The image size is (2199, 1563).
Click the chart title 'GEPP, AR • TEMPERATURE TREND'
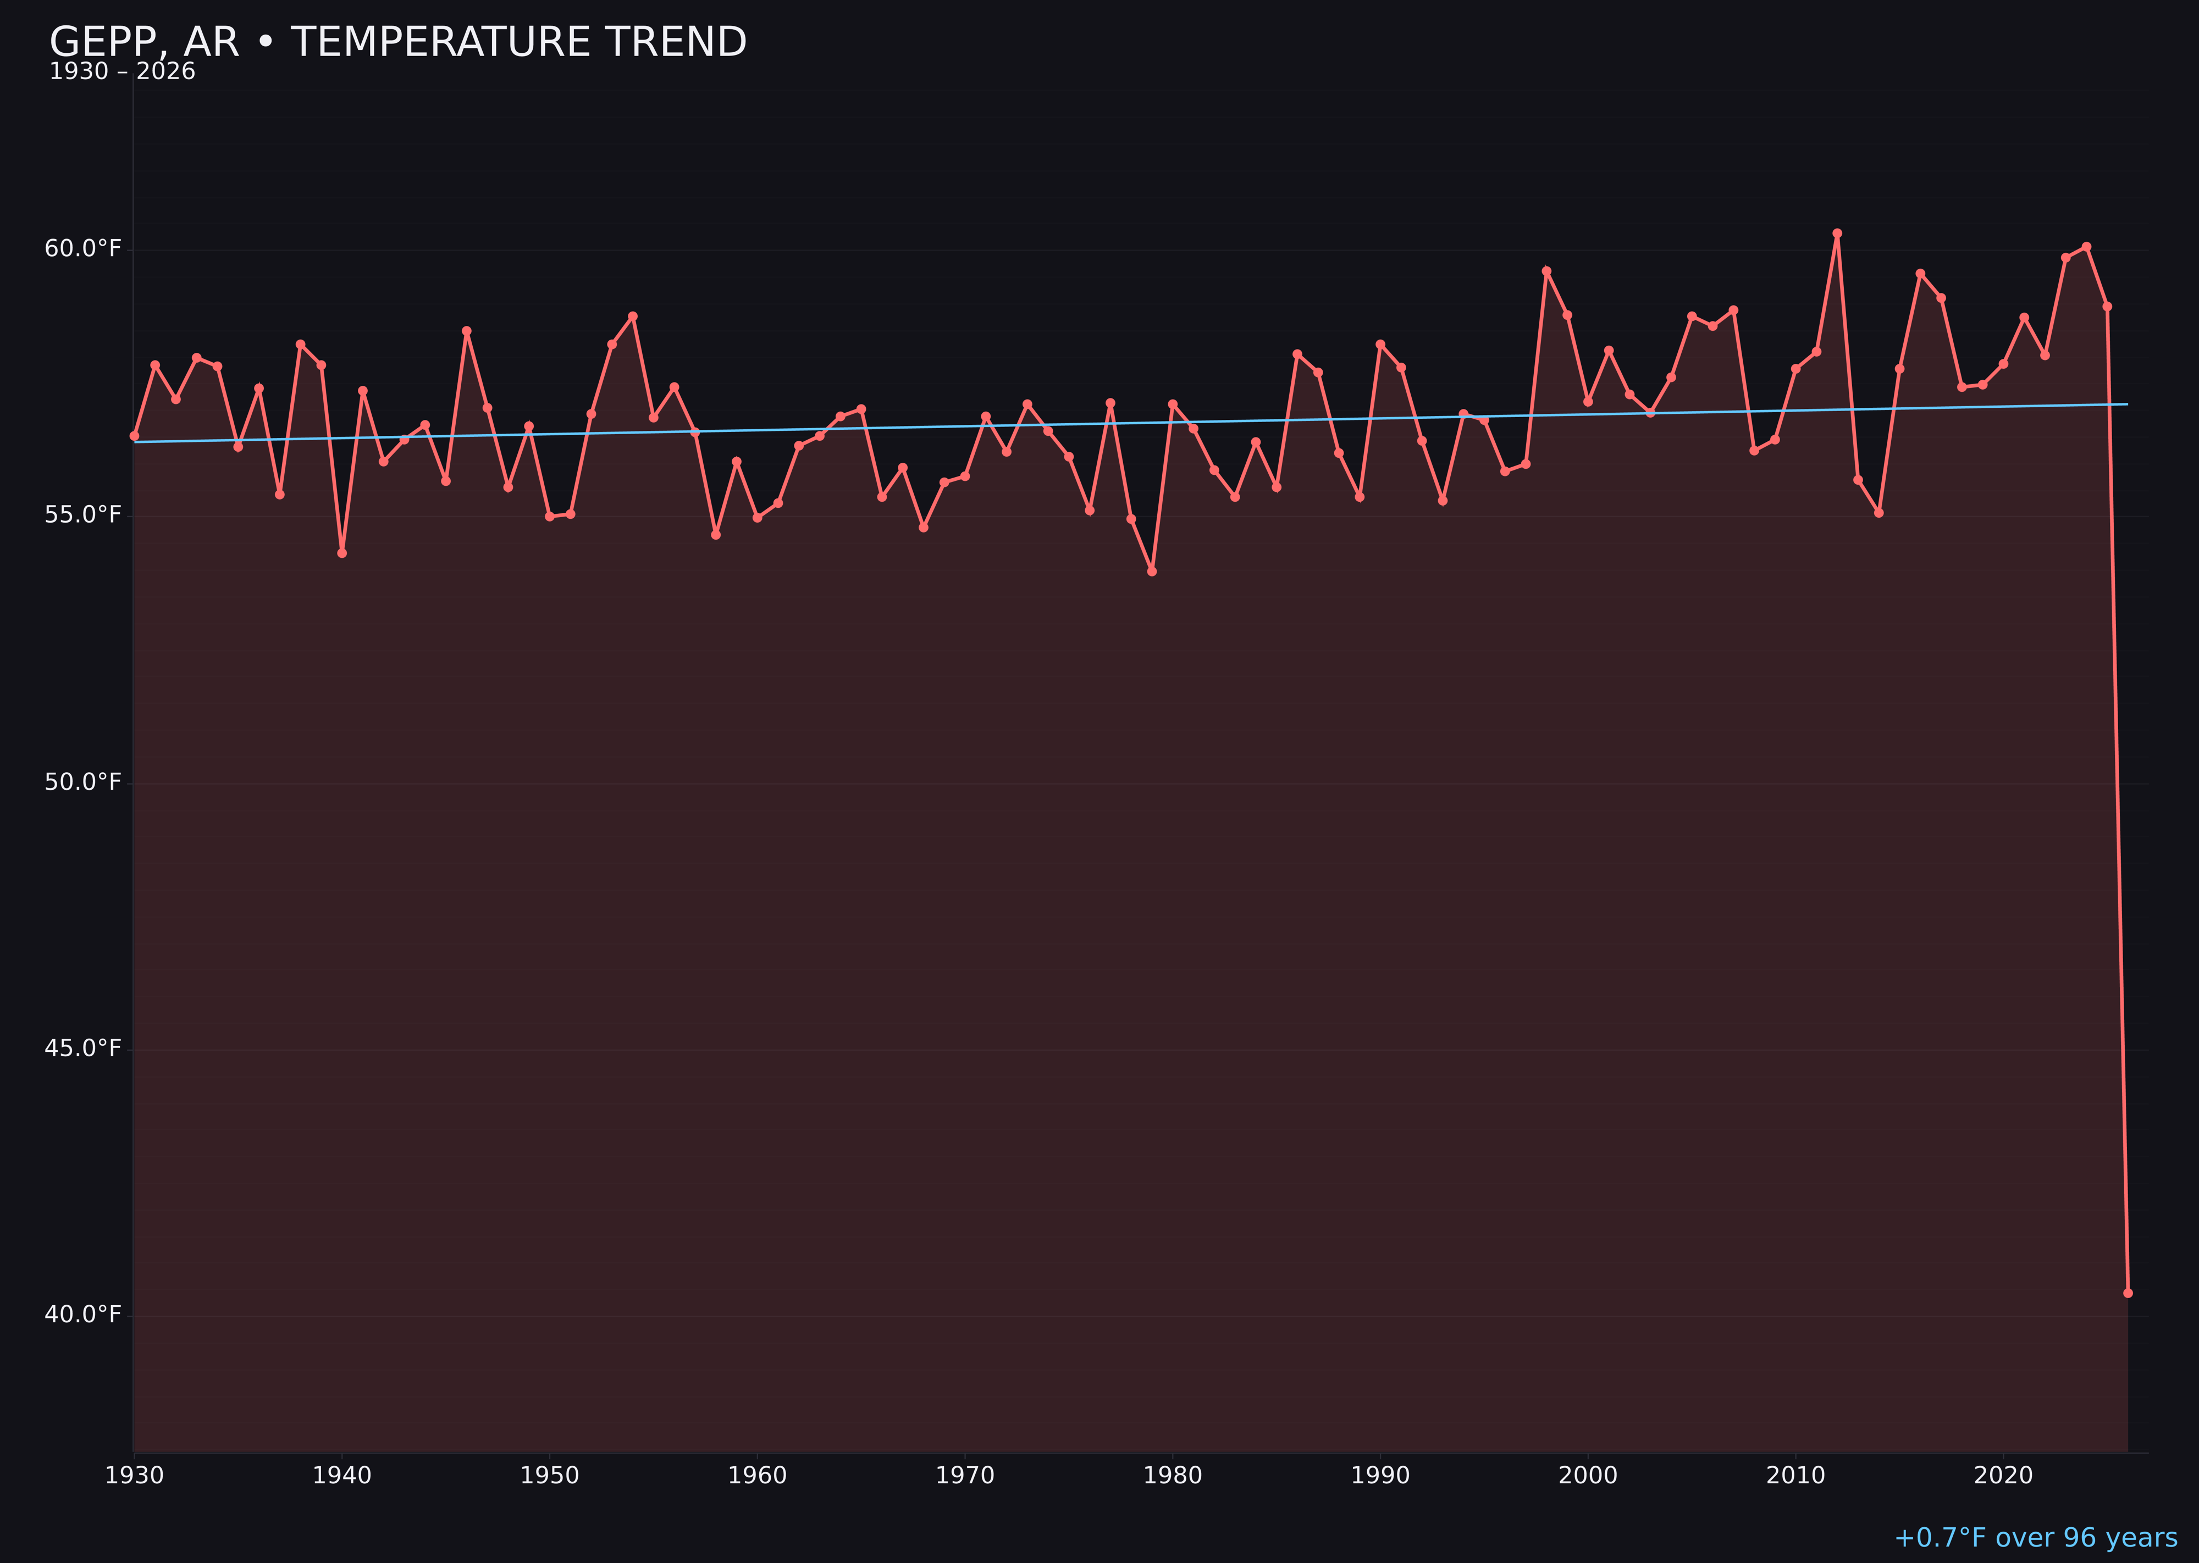click(x=397, y=42)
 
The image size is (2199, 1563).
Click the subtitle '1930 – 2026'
click(x=122, y=72)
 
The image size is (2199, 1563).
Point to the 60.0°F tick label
click(x=83, y=250)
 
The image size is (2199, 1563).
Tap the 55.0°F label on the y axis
click(x=83, y=516)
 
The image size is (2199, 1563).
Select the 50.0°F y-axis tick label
click(x=83, y=783)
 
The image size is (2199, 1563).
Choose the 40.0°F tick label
click(x=83, y=1315)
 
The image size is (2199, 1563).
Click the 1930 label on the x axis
click(x=134, y=1476)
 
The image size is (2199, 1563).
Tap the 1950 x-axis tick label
click(x=550, y=1476)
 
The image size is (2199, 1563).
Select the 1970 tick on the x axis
click(x=965, y=1476)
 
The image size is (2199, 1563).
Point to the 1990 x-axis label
click(x=1380, y=1476)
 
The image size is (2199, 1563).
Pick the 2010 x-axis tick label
click(x=1795, y=1476)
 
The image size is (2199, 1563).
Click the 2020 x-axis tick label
click(x=2003, y=1476)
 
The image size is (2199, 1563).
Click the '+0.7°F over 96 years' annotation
click(x=2035, y=1538)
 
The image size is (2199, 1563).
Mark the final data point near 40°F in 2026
click(x=2128, y=1293)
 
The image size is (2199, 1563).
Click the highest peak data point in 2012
click(x=1837, y=233)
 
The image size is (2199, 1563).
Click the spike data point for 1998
click(x=1546, y=271)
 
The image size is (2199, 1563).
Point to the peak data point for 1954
click(x=633, y=315)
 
